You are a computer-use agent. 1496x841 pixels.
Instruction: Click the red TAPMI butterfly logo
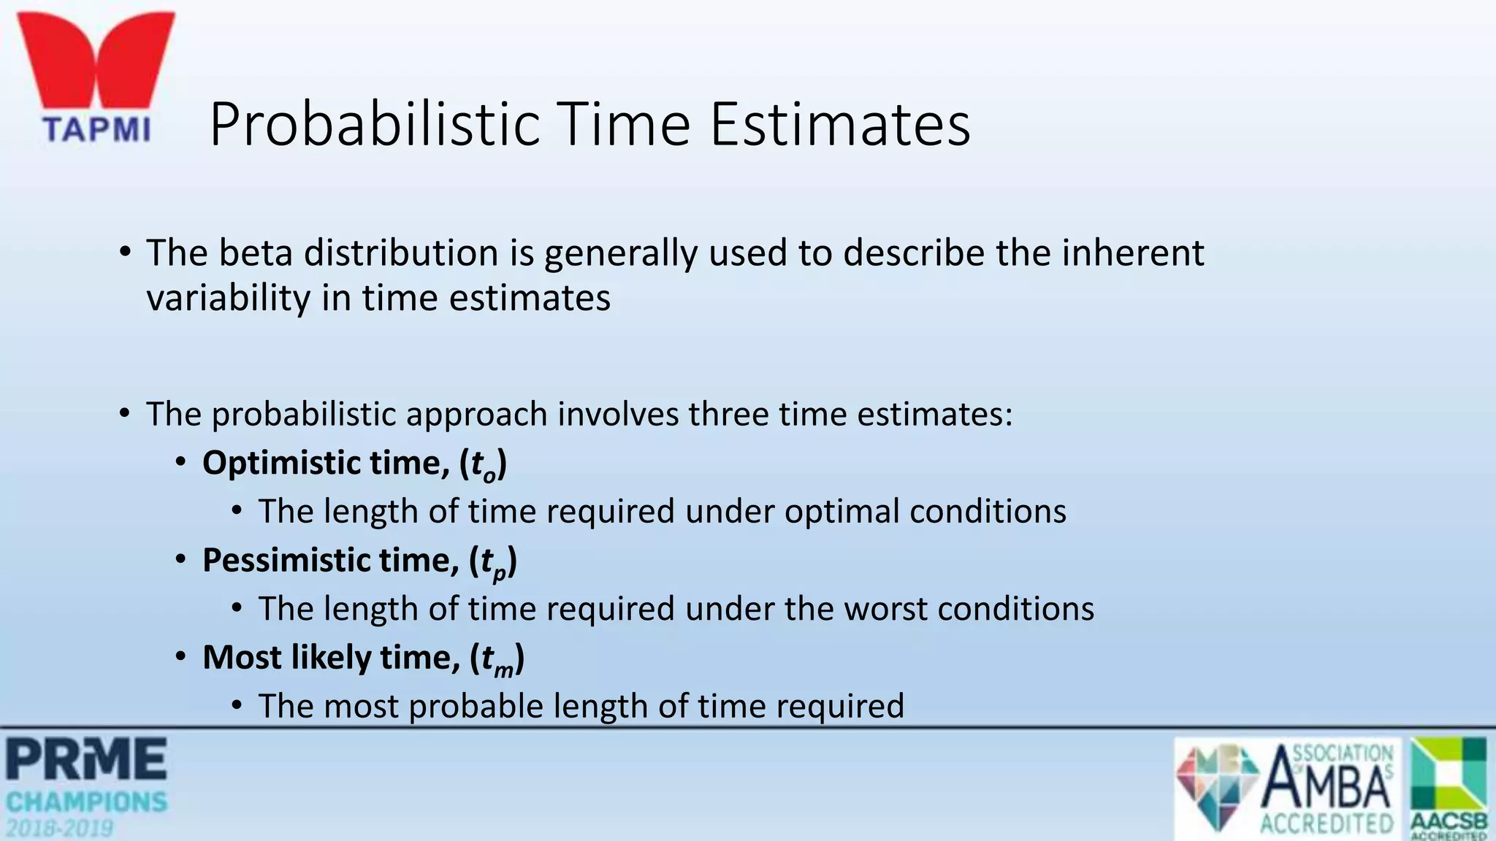96,66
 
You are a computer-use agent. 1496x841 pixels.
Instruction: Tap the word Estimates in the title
840,125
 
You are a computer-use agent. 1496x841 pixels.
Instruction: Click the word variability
228,299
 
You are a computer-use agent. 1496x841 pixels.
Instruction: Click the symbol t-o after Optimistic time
484,465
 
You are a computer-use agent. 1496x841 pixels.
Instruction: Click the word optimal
841,512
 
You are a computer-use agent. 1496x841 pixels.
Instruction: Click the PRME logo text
86,759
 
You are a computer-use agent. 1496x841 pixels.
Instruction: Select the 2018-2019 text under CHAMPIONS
61,829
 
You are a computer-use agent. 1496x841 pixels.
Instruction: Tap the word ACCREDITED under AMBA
1327,824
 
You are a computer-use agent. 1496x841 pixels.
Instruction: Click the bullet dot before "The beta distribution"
125,253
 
